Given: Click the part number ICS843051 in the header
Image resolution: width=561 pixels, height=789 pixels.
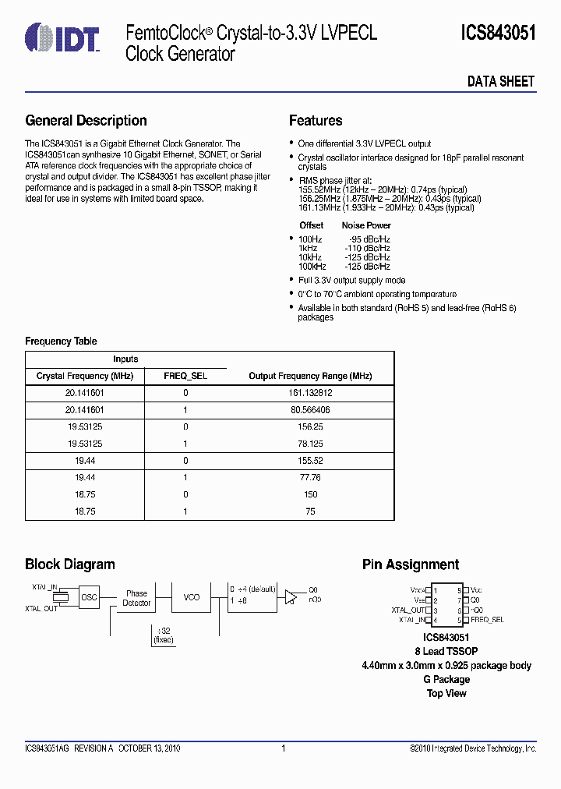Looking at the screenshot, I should (498, 33).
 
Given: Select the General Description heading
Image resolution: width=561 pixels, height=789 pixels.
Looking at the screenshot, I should (86, 121).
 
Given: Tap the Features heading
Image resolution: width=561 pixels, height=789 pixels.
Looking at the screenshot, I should (316, 121).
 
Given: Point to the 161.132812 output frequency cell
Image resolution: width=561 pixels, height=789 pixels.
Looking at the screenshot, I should (310, 394).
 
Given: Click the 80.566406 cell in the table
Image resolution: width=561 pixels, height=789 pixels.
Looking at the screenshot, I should (310, 409).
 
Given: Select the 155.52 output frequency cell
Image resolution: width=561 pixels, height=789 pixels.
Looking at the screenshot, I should (310, 461).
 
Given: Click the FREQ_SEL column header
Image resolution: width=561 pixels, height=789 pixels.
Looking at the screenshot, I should (185, 376).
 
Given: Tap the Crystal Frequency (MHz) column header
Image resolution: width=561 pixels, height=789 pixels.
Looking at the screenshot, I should (85, 376).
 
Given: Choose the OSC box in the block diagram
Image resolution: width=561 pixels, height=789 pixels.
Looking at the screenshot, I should (90, 596).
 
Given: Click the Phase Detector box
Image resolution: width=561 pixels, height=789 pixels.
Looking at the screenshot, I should (136, 598).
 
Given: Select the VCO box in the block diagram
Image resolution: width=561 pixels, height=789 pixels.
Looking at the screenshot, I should (191, 597).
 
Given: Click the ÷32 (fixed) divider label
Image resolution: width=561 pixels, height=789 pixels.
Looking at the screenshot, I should (164, 635).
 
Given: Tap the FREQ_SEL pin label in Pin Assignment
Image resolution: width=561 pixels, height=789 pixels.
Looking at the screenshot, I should (488, 620).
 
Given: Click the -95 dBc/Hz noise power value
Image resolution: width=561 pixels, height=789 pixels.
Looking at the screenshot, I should (367, 239).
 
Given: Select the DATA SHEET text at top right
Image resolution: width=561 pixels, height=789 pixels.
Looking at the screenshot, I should (500, 81).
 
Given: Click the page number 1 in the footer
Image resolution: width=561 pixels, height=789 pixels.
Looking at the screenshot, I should (284, 748).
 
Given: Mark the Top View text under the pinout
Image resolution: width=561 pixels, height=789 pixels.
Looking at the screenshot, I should (446, 693).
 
